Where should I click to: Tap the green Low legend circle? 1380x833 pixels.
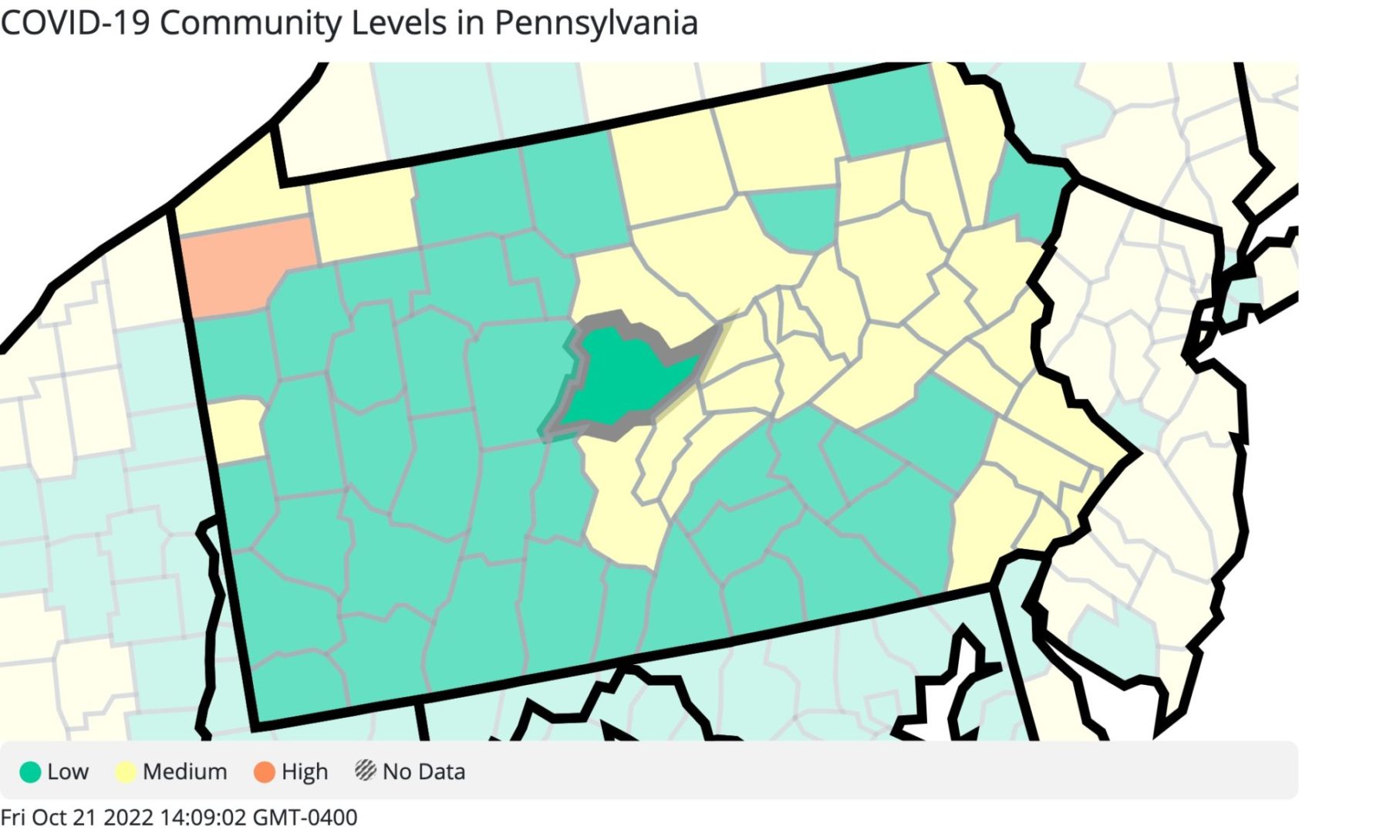pos(30,771)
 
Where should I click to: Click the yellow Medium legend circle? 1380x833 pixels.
pos(126,771)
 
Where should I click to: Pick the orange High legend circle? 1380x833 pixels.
pos(265,771)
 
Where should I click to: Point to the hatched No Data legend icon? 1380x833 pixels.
pos(365,770)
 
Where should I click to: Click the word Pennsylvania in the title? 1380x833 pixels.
pos(596,23)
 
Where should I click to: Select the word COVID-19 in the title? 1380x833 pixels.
pos(75,23)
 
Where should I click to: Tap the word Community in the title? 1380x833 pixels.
pos(251,23)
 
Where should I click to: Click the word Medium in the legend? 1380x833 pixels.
pos(185,771)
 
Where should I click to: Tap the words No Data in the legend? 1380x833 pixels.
pos(423,771)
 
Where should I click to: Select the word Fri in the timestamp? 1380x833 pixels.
pos(13,817)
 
